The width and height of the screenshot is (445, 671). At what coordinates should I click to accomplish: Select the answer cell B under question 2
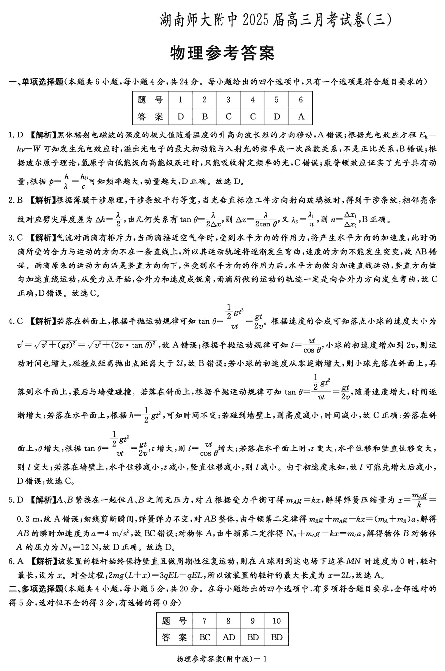coord(204,117)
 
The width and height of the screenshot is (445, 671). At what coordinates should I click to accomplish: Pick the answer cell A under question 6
coord(301,117)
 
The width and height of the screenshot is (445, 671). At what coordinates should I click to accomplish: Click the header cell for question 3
coord(228,100)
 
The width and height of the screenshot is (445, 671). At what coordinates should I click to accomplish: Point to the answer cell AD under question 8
coord(229,637)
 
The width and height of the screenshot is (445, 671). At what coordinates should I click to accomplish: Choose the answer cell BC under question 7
coord(205,637)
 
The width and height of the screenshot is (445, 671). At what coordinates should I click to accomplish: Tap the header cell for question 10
coord(277,621)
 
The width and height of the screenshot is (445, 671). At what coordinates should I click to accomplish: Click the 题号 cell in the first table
coord(150,100)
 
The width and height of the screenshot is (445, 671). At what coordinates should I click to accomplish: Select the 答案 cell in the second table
coord(175,637)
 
